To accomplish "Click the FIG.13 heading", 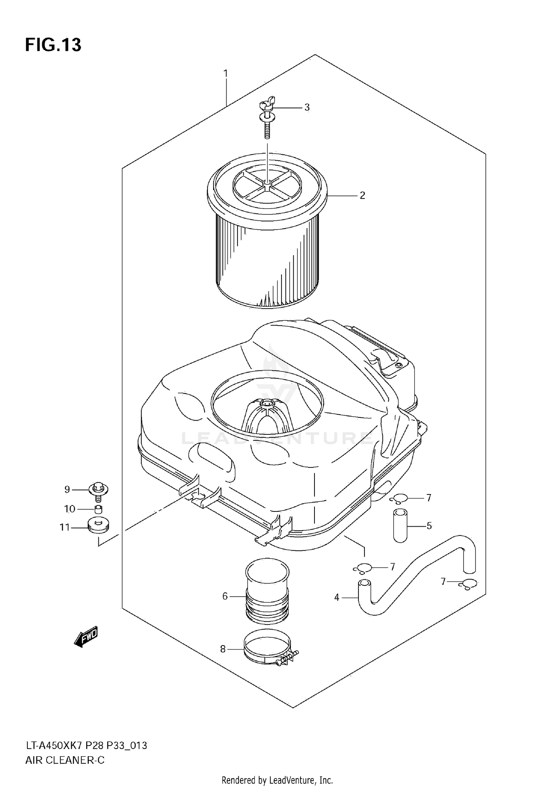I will pos(53,45).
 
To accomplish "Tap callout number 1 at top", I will pos(225,73).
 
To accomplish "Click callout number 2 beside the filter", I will pos(362,195).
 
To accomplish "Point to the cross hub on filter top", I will pos(267,183).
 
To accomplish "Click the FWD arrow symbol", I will pos(86,636).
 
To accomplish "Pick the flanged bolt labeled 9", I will pos(98,490).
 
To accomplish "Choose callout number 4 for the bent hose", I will pos(336,597).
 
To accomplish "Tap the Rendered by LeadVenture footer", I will pos(277,780).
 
